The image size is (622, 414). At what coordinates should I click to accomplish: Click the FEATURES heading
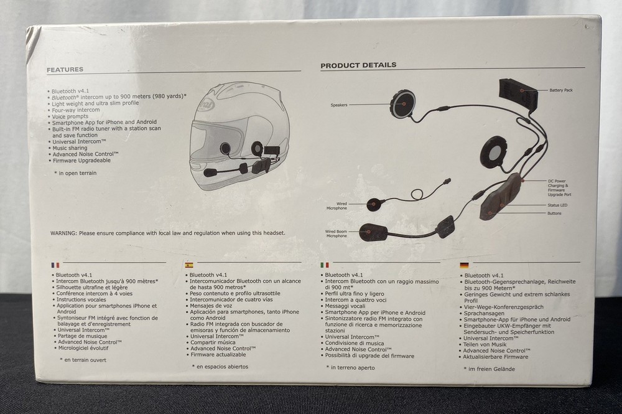point(65,70)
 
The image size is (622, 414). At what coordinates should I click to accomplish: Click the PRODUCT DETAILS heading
point(358,65)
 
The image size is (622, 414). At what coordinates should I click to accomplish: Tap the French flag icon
point(55,265)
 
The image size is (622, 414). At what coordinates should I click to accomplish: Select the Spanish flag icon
point(189,265)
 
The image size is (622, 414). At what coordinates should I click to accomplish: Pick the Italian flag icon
point(325,265)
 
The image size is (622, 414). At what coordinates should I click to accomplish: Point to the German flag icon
point(464,265)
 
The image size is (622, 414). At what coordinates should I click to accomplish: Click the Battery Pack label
point(561,90)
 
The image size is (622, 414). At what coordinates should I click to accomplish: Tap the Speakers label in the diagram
point(339,105)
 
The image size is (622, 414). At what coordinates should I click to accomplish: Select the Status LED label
point(557,205)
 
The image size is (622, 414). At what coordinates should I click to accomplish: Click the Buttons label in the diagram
point(554,213)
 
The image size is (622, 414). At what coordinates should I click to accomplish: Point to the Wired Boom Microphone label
point(336,234)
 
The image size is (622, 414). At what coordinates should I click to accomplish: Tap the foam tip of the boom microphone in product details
point(373,232)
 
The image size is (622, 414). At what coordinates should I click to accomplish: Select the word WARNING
point(63,233)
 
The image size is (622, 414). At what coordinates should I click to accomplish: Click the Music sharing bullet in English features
point(70,148)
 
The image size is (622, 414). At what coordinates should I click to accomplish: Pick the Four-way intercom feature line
point(76,110)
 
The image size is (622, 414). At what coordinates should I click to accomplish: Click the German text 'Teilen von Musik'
point(485,344)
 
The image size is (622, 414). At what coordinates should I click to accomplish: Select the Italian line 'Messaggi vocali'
point(345,306)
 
